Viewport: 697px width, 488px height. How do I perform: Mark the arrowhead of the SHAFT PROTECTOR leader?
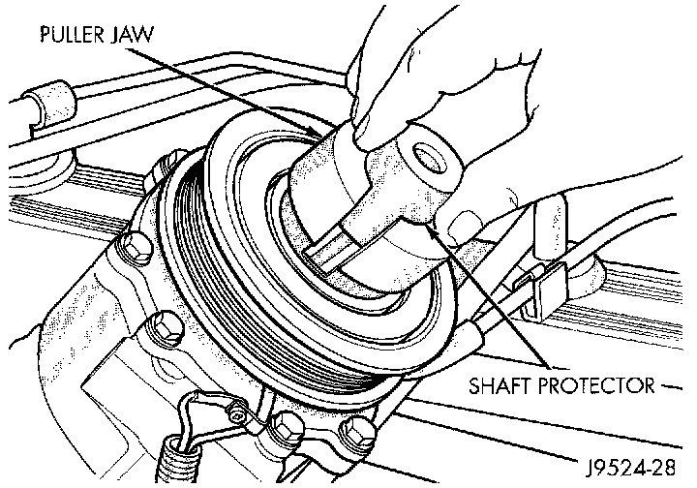tap(431, 227)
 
